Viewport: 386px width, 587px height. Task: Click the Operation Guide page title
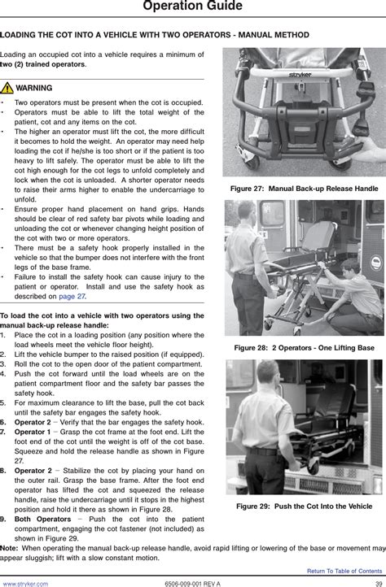click(192, 6)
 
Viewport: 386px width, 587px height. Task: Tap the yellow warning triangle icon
click(7, 88)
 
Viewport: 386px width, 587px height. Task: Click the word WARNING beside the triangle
click(33, 88)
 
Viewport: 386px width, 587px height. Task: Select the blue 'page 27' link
click(72, 297)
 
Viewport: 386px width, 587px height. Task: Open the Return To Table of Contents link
click(344, 571)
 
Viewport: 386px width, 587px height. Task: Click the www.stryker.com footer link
click(25, 584)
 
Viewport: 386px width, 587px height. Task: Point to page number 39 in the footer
click(379, 584)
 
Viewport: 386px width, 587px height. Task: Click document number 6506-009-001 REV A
click(192, 584)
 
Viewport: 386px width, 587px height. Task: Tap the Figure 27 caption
click(305, 189)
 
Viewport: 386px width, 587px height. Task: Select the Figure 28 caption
click(305, 348)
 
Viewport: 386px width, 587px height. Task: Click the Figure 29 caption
click(305, 507)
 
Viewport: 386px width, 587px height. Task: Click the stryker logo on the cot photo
click(300, 75)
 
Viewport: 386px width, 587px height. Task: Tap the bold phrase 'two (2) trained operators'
click(42, 64)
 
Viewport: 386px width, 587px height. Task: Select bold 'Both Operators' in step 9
click(42, 520)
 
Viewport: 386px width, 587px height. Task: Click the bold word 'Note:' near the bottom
click(9, 549)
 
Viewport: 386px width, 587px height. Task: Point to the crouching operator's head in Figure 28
click(349, 268)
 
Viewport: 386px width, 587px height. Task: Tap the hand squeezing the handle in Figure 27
click(371, 149)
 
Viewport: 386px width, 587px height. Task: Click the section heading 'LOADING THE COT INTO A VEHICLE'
click(155, 35)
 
